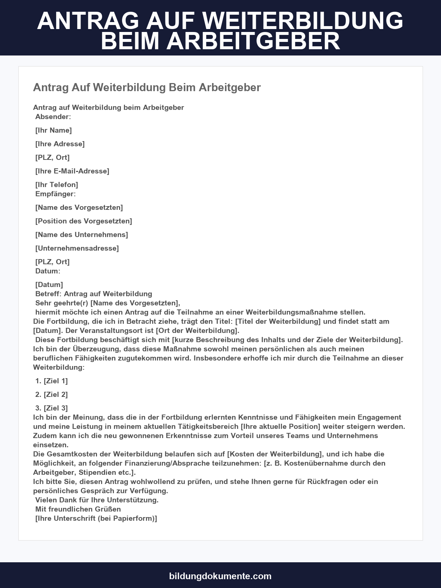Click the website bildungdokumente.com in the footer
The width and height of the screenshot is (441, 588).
(x=220, y=576)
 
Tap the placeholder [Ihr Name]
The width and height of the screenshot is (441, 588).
(x=54, y=130)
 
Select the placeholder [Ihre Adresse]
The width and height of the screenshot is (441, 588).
(x=60, y=144)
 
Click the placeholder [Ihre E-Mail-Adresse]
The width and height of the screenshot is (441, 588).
(x=72, y=171)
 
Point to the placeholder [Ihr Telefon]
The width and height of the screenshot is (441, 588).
(x=57, y=185)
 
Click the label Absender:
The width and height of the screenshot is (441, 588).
(x=53, y=117)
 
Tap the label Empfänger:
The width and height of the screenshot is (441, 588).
(x=55, y=194)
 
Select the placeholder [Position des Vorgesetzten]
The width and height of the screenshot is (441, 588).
(x=84, y=221)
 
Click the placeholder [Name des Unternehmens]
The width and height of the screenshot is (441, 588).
(x=82, y=235)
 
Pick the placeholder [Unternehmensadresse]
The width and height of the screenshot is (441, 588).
(x=77, y=248)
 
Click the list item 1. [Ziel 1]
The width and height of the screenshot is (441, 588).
(x=52, y=381)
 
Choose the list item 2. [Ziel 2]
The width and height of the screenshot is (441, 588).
(x=52, y=395)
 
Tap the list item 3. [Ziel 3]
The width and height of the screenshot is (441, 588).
(x=52, y=408)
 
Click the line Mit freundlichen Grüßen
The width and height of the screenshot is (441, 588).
(x=78, y=509)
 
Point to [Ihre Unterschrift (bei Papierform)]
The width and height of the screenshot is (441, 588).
(x=96, y=519)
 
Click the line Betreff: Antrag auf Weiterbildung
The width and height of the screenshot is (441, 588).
(x=94, y=294)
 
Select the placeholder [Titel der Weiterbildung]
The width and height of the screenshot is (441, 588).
(x=278, y=322)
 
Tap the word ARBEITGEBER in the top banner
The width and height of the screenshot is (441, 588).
(x=253, y=41)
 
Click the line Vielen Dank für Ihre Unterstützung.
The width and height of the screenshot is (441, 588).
(x=97, y=500)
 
